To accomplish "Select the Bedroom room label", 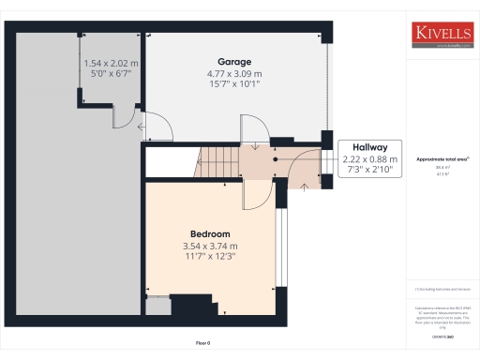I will [x=210, y=233].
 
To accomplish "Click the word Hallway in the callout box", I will [x=370, y=147].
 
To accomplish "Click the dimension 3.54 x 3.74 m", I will [x=210, y=247].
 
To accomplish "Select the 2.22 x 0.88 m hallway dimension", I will [x=370, y=159].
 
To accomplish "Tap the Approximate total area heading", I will [x=441, y=160].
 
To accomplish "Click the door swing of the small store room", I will [x=123, y=117].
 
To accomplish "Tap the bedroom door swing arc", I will [x=254, y=193].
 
